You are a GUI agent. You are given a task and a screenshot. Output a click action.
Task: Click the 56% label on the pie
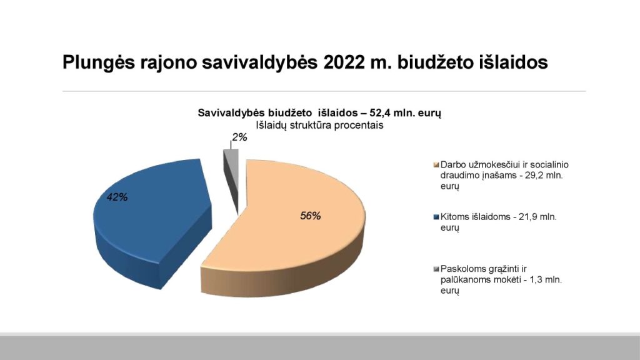click(x=310, y=216)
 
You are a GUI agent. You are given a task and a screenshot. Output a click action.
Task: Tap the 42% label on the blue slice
click(x=117, y=197)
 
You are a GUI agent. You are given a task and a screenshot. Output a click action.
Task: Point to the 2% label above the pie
click(x=239, y=137)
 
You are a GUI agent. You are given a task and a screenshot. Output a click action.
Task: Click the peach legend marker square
click(x=436, y=165)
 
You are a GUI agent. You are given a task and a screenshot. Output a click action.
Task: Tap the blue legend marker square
click(x=436, y=217)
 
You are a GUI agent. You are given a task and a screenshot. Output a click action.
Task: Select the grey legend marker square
click(x=436, y=269)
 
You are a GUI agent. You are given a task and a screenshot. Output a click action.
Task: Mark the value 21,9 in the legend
click(x=527, y=217)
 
